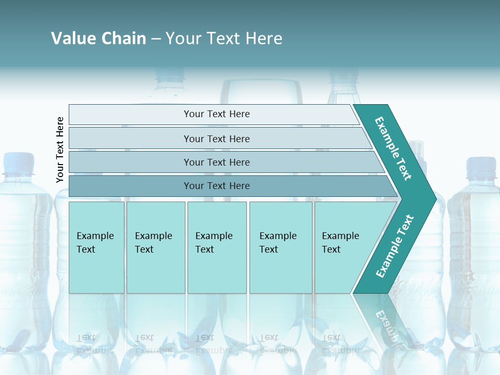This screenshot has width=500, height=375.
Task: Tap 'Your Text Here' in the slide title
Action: (224, 39)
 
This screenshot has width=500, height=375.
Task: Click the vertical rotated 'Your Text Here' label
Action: (60, 149)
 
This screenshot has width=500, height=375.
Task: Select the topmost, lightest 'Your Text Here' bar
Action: (216, 114)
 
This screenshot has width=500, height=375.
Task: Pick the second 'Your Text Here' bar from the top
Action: (216, 139)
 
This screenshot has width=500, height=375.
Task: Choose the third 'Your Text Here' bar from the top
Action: (216, 162)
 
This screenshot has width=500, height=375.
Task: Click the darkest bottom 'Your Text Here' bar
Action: (216, 186)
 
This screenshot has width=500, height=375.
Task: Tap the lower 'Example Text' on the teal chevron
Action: (395, 246)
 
